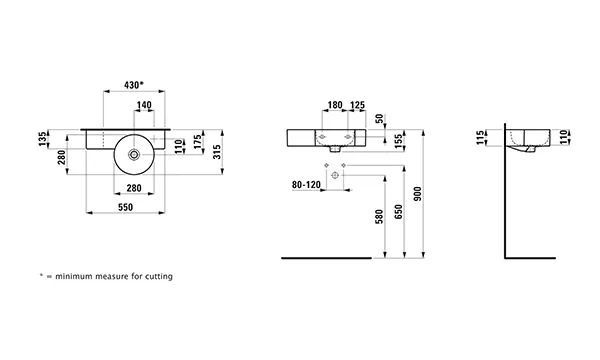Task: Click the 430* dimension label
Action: [134, 85]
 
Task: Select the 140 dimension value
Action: [144, 105]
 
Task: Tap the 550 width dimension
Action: [126, 207]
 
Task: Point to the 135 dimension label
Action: [44, 139]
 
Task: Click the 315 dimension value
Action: [217, 152]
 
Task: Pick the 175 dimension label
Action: [197, 142]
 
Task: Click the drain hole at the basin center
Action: [134, 155]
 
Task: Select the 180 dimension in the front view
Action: [335, 105]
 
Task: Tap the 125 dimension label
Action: [357, 105]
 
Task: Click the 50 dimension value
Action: [379, 119]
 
